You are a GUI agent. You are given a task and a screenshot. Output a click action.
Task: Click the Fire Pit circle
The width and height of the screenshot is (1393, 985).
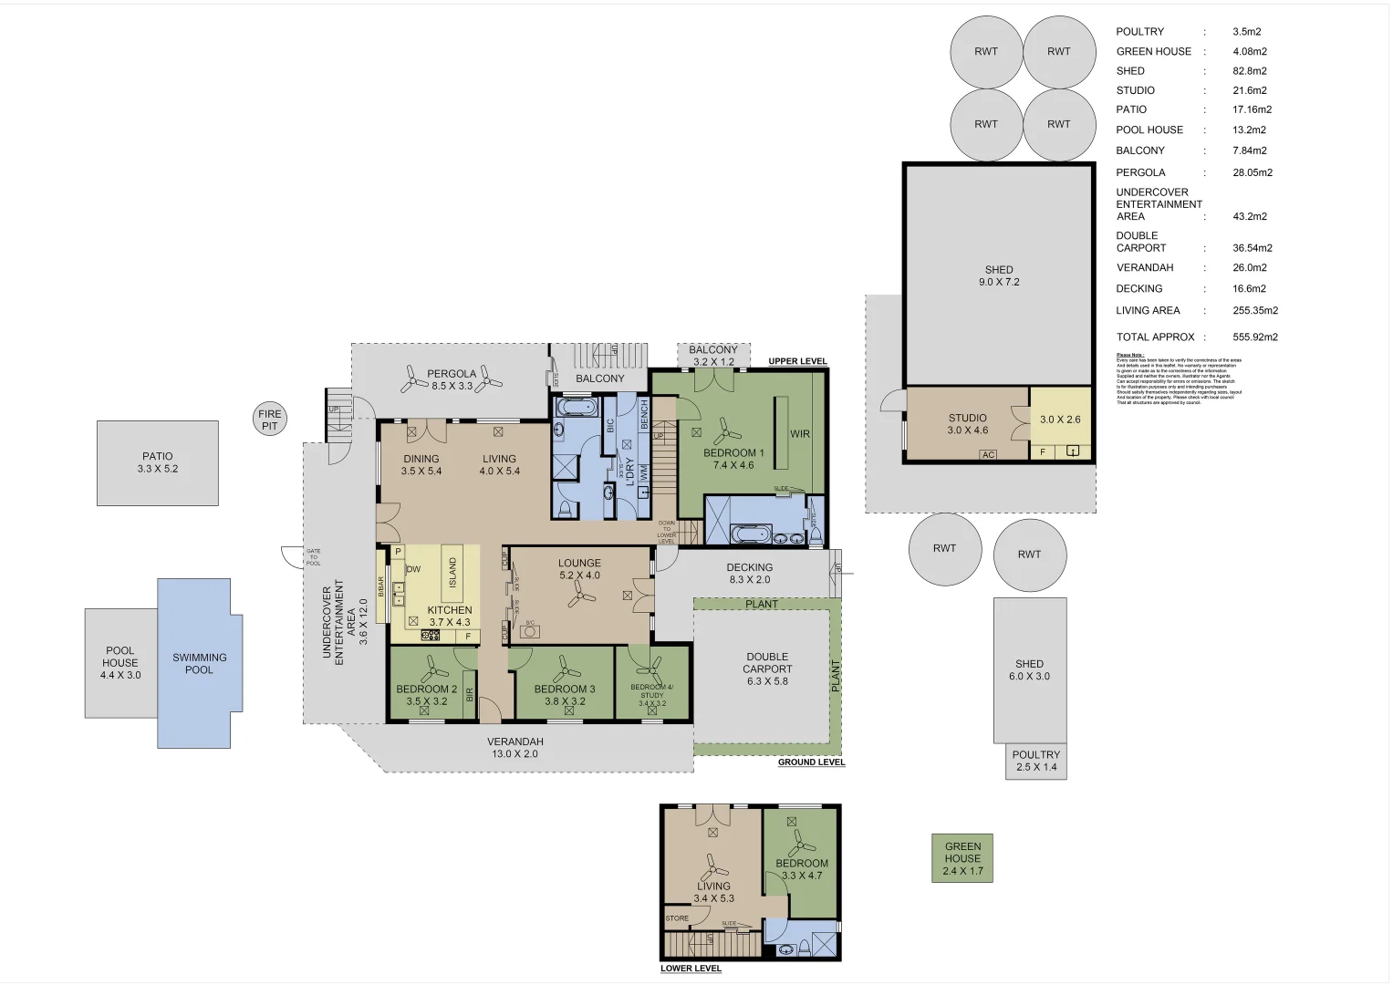click(270, 420)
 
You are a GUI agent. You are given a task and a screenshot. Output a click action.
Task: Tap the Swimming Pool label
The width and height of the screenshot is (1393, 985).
click(199, 663)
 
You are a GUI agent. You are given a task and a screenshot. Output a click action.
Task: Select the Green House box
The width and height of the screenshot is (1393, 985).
click(962, 858)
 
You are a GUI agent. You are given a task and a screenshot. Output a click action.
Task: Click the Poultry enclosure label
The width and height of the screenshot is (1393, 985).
click(1035, 755)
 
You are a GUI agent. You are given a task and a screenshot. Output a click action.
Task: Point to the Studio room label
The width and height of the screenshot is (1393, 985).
click(967, 418)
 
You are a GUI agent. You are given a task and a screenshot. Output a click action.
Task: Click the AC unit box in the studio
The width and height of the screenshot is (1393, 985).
click(988, 454)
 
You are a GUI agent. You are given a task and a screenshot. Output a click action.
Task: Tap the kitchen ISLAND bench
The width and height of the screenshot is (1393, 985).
click(452, 573)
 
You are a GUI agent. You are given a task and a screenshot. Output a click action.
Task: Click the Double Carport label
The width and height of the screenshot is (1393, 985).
click(767, 662)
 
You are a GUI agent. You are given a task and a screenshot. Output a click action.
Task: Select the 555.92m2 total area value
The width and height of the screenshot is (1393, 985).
click(1254, 337)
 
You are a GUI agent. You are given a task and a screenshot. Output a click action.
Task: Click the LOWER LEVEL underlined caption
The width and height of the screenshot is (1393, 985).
click(691, 969)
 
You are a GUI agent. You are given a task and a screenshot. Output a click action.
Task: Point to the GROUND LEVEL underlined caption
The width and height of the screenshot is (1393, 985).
click(811, 762)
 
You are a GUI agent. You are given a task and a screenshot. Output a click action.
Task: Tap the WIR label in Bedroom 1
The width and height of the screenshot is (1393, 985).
click(800, 434)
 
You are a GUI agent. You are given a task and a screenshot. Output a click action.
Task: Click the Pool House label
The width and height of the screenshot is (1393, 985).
click(120, 657)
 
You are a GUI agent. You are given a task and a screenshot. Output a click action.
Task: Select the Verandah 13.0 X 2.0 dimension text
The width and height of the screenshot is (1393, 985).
click(515, 754)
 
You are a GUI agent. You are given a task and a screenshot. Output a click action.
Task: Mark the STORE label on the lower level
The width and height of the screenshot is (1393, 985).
click(677, 918)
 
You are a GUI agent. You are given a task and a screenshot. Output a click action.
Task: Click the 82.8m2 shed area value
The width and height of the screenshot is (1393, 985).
click(1249, 71)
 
